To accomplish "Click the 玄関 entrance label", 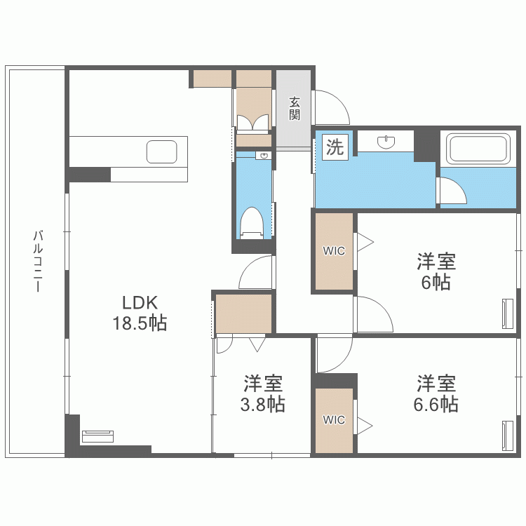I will [x=295, y=108].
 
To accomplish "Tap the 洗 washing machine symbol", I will [x=335, y=147].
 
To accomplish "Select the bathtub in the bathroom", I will [x=478, y=149].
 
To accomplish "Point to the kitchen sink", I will [x=162, y=151].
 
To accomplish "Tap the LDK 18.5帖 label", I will [x=140, y=313].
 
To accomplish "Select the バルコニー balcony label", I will [x=39, y=260].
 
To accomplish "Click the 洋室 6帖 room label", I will [x=436, y=272].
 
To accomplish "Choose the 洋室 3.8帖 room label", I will [x=264, y=393].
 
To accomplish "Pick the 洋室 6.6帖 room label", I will [x=436, y=393].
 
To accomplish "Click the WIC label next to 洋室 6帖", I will [x=334, y=251].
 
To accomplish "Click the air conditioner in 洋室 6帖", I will [x=507, y=313].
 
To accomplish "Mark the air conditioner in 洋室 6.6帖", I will [x=507, y=436].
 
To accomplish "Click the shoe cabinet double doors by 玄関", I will [x=253, y=123].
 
